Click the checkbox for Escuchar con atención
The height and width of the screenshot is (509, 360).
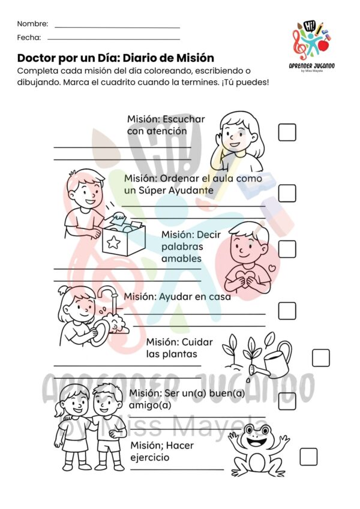click(x=287, y=132)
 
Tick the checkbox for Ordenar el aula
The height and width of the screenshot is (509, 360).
click(x=287, y=193)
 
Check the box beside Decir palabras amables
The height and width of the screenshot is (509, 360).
click(x=287, y=249)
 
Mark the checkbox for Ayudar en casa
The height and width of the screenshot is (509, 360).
click(x=287, y=311)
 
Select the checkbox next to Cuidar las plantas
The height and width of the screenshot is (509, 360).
click(x=320, y=358)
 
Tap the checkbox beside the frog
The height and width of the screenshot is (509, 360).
click(x=308, y=457)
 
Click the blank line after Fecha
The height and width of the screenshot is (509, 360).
click(x=114, y=40)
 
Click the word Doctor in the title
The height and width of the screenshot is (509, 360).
click(x=37, y=58)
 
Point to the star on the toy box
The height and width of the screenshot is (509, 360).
click(x=113, y=242)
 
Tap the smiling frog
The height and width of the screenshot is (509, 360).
click(x=259, y=450)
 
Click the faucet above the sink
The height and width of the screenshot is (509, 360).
click(x=109, y=294)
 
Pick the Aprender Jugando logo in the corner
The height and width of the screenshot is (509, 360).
click(x=311, y=46)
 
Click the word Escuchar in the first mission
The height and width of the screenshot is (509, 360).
click(x=184, y=119)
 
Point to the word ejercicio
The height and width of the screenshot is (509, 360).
click(x=150, y=457)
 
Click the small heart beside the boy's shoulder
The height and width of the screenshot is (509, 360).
click(x=272, y=268)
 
